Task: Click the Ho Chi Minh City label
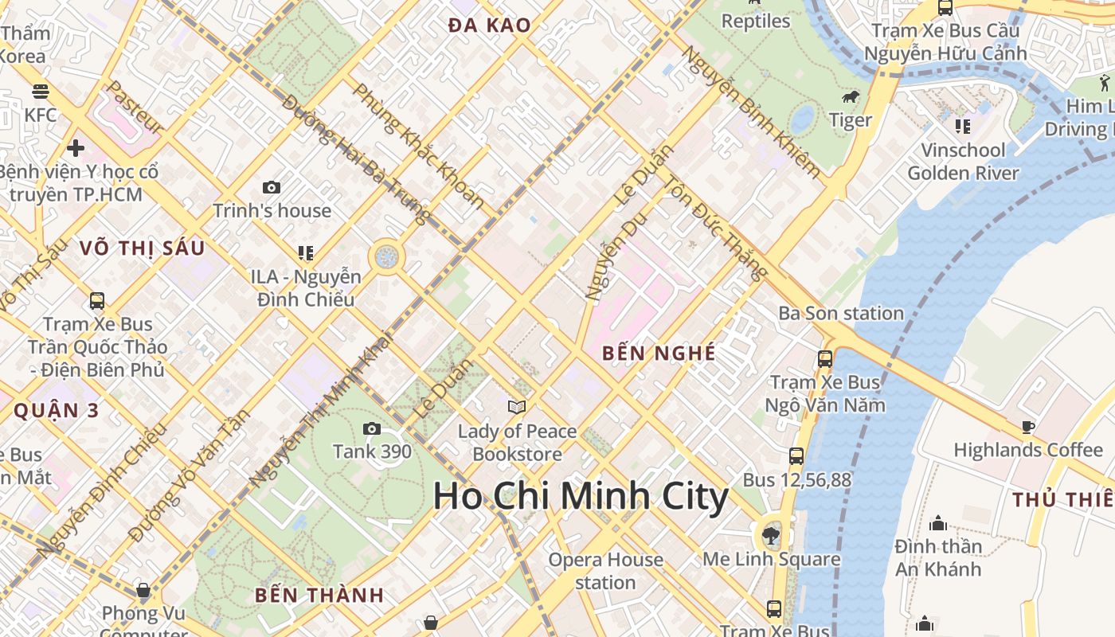coord(581,497)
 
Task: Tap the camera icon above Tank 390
coord(371,429)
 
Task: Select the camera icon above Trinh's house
coord(272,188)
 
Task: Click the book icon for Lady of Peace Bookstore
coord(517,408)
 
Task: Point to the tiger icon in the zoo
coord(851,97)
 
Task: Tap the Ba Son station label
coord(841,313)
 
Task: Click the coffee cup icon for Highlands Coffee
coord(1028,427)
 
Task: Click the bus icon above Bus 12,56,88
coord(796,456)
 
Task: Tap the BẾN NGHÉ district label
coord(659,353)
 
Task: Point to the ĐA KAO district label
coord(489,25)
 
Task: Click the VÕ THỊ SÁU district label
coord(143,248)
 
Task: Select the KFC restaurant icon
coord(41,92)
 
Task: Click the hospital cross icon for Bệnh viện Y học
coord(76,148)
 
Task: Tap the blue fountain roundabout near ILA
coord(386,256)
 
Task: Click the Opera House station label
coord(605,571)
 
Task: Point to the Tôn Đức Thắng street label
coord(715,228)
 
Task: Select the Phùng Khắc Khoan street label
coord(419,146)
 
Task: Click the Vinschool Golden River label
coord(963,162)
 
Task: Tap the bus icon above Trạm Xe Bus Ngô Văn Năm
coord(825,359)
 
